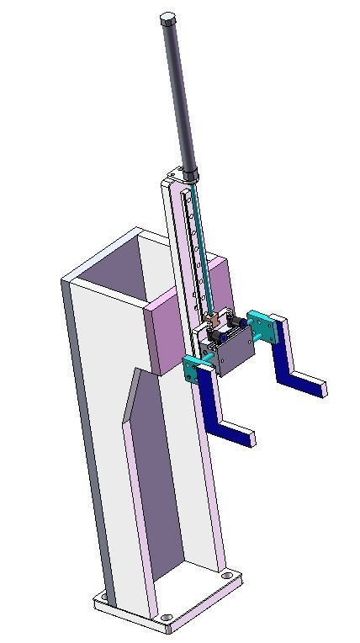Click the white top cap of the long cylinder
pyautogui.click(x=168, y=18)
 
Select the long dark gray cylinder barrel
pyautogui.click(x=179, y=93)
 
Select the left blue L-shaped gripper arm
pyautogui.click(x=215, y=412)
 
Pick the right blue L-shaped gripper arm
pyautogui.click(x=286, y=362)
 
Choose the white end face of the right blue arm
pyautogui.click(x=321, y=388)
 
